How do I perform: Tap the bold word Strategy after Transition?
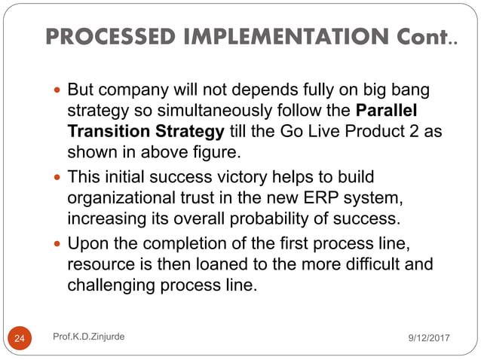point(190,131)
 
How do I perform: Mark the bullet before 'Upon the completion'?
point(59,244)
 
